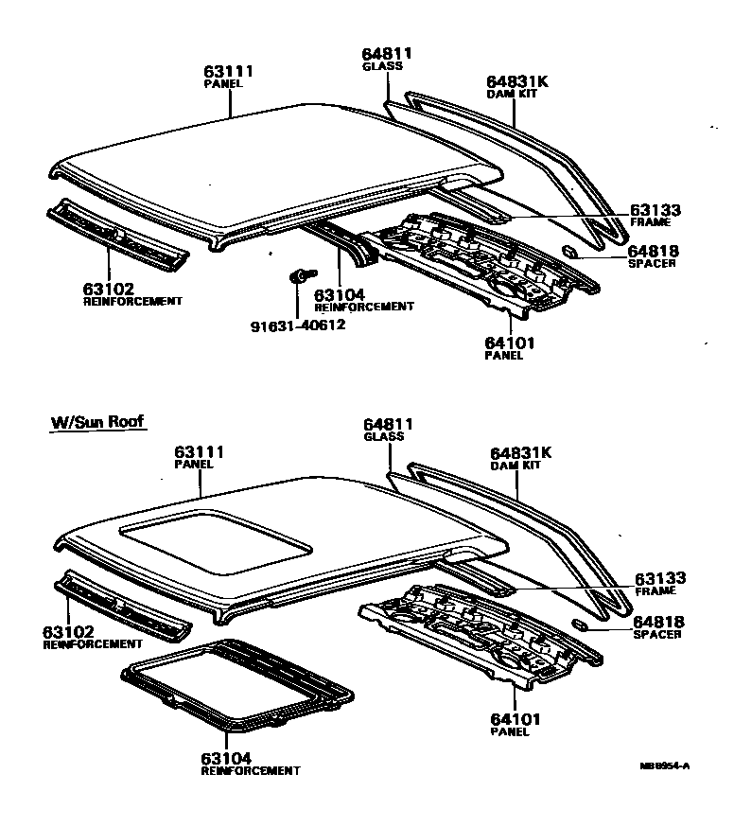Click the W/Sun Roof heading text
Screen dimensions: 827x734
click(98, 422)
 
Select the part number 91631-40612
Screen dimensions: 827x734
click(298, 326)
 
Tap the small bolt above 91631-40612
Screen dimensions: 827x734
click(296, 276)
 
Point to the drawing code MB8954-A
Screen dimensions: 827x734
click(665, 765)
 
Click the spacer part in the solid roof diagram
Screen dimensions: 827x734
click(571, 252)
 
